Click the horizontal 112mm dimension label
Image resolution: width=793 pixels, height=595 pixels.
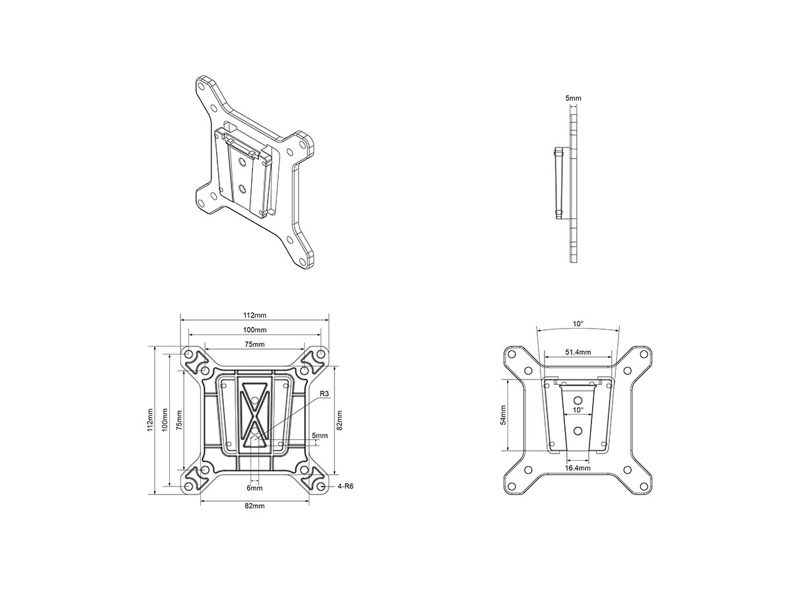tap(254, 315)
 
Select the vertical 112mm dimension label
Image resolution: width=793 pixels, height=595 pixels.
tap(150, 420)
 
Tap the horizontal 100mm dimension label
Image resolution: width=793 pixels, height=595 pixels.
tap(254, 330)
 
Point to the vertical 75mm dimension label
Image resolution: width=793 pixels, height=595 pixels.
tap(178, 420)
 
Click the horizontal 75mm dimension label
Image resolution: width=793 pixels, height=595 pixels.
tap(254, 344)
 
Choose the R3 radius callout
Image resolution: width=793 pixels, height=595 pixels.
tap(324, 393)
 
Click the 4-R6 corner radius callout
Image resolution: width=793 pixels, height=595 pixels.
tap(346, 487)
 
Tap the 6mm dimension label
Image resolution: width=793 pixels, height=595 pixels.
tap(254, 488)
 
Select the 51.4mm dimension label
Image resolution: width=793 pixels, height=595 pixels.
tap(578, 352)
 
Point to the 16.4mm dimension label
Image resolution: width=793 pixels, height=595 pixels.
tap(578, 468)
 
